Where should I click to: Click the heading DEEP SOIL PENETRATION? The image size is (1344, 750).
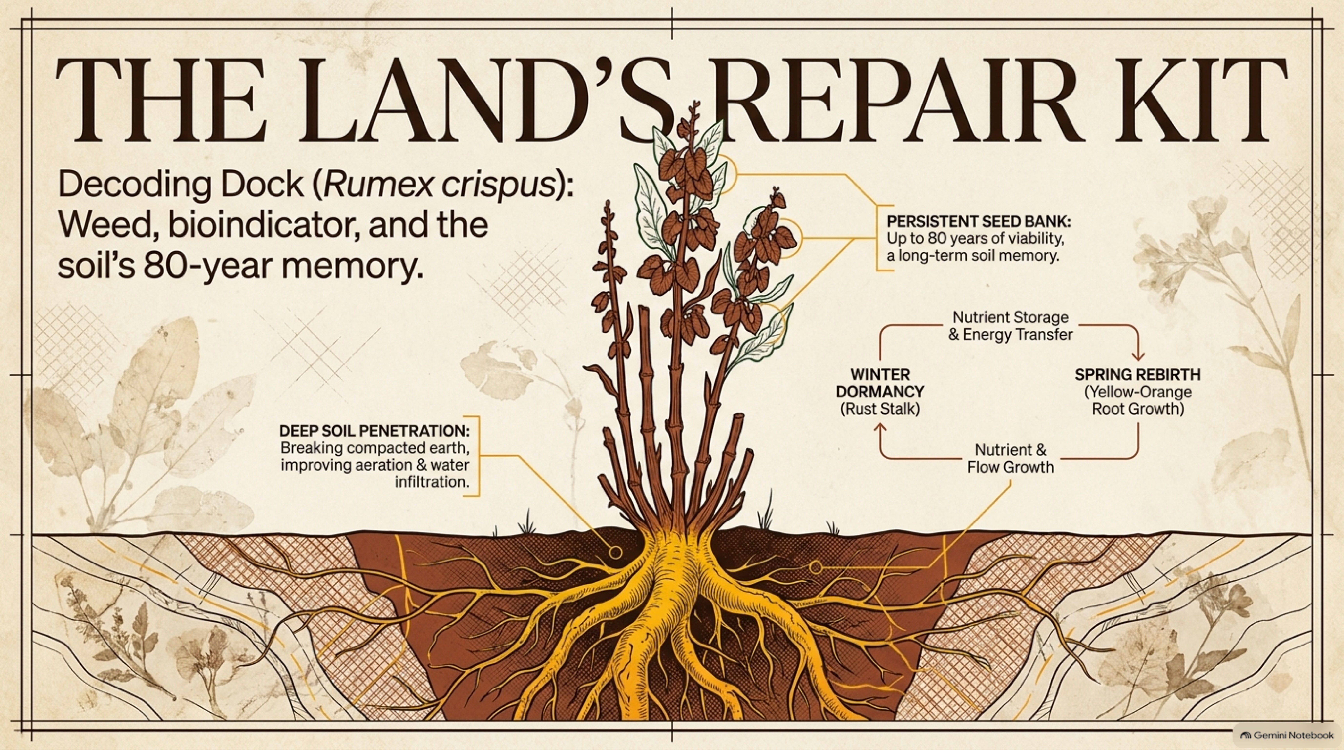(x=374, y=431)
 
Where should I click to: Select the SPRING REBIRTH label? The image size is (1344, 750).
(x=1137, y=374)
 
